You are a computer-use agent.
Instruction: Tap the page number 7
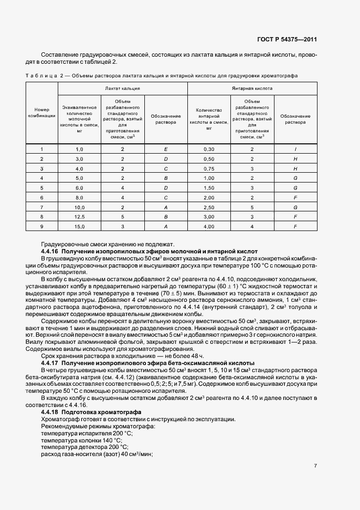(x=315, y=465)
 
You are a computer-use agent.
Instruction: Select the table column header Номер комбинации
(x=42, y=113)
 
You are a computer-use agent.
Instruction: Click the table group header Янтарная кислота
(x=252, y=88)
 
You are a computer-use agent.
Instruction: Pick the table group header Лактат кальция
(x=123, y=88)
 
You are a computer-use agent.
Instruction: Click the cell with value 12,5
(x=79, y=216)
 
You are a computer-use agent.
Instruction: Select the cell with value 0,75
(x=209, y=168)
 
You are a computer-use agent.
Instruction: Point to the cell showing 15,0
(x=79, y=226)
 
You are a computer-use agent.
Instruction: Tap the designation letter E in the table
(x=166, y=149)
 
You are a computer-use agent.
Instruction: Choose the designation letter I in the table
(x=295, y=149)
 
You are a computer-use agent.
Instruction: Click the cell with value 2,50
(x=209, y=207)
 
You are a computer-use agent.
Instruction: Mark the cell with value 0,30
(x=209, y=149)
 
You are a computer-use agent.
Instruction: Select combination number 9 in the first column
(x=42, y=226)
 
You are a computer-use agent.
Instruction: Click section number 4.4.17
(x=50, y=362)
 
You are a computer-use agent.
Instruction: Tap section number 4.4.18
(x=50, y=412)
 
